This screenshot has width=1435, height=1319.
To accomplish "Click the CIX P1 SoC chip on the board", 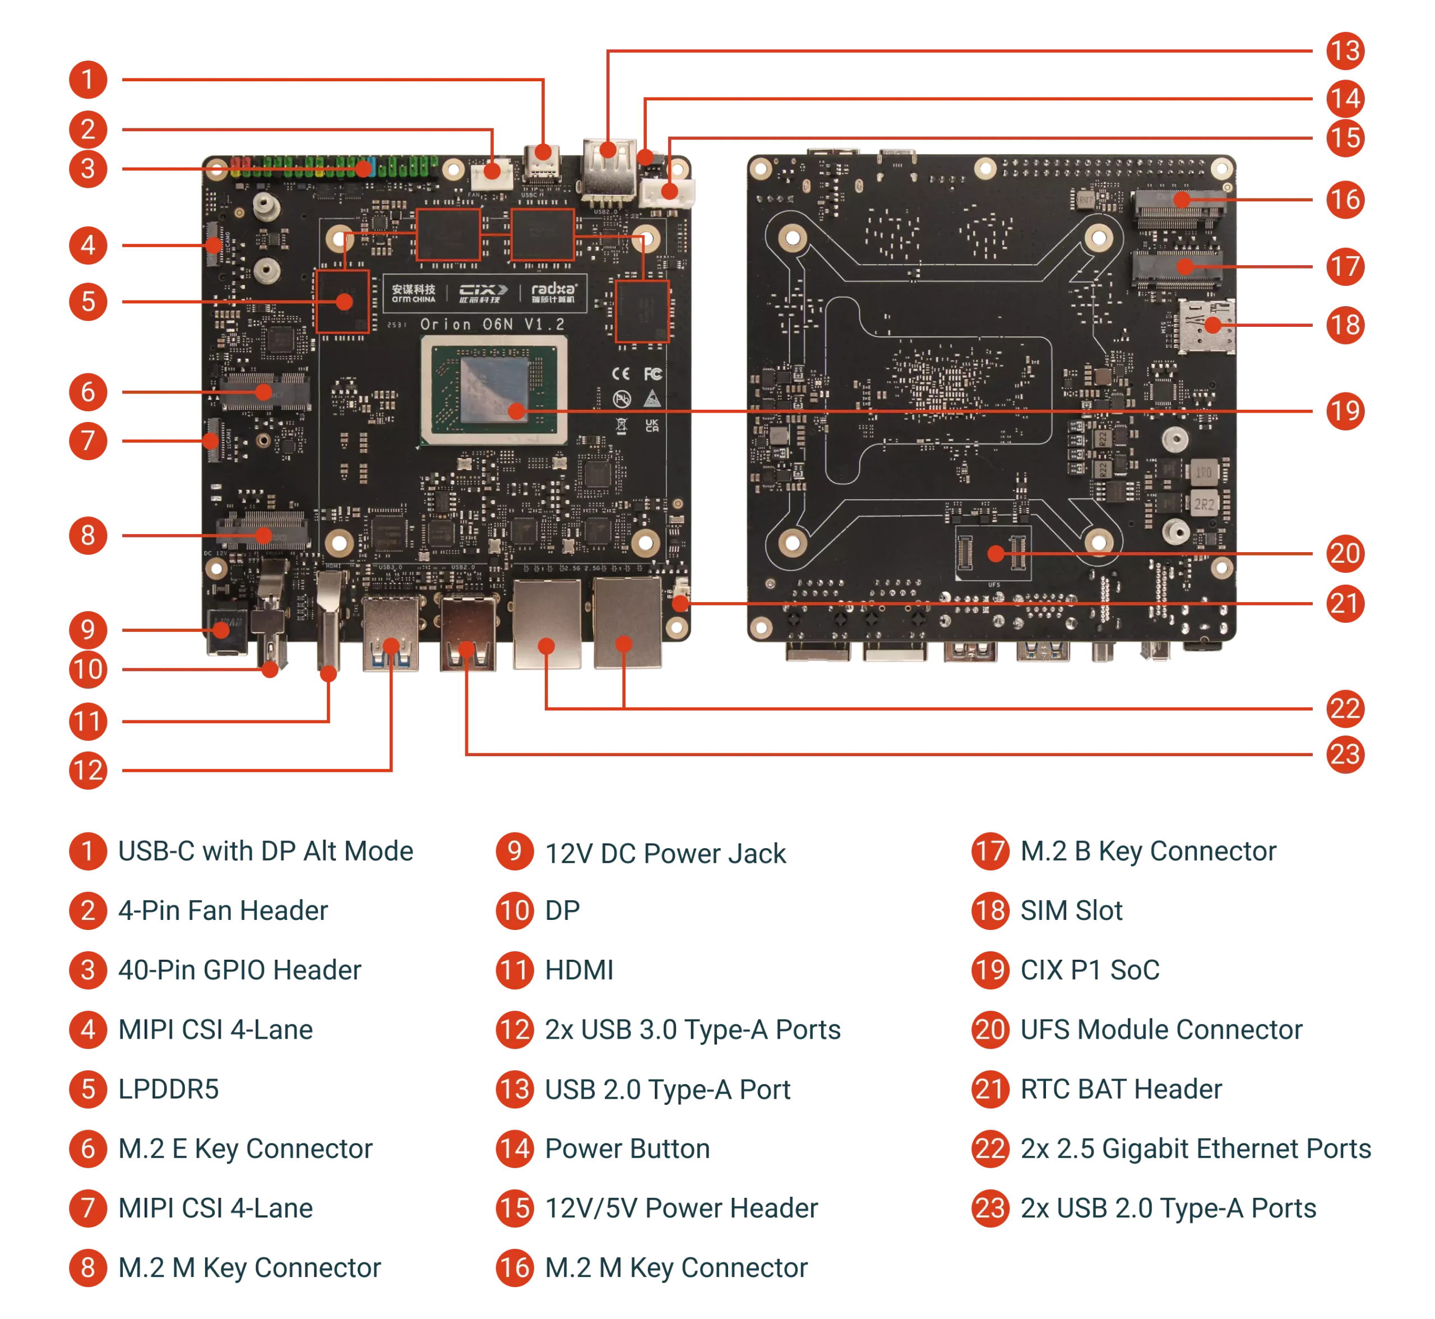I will pos(494,390).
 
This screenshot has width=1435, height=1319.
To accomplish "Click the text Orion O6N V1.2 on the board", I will pos(492,325).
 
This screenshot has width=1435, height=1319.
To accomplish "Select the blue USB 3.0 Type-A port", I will pos(391,635).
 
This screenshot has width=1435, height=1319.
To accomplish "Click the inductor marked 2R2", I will pos(1204,504).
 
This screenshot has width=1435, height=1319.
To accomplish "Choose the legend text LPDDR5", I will pos(168,1089).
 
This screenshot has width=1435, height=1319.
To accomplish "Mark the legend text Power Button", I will pos(627,1149).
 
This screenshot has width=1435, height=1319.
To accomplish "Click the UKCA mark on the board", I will pos(651,425).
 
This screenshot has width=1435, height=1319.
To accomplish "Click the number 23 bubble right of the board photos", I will pos(1345,754).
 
